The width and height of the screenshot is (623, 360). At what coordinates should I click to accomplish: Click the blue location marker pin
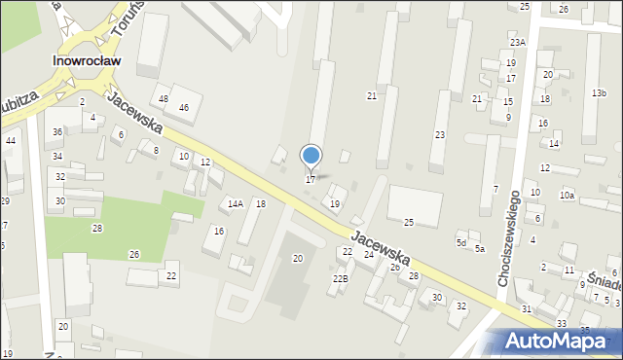pos(311,157)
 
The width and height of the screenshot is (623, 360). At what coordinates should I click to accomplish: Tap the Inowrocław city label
pos(86,59)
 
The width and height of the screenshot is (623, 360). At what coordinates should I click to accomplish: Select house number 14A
pos(235,203)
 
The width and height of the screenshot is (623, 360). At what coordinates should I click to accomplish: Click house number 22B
pos(340,278)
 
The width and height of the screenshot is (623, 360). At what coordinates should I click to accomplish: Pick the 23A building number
pos(518,42)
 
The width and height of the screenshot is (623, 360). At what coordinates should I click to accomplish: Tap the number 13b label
pos(599,92)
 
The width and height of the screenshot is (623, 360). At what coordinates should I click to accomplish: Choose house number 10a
pos(567,196)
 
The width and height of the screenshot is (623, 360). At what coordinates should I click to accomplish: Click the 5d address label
pos(461,242)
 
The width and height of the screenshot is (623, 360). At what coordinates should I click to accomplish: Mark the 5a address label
pos(480,249)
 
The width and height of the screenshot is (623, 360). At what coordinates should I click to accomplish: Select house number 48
pos(164,99)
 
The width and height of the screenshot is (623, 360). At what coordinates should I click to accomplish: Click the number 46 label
pos(183,107)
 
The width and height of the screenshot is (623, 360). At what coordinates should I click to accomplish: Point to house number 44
pos(10,141)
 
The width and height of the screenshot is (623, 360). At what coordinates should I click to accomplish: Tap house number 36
pos(58,131)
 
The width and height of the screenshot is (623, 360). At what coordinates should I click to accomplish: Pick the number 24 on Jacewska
pos(369,254)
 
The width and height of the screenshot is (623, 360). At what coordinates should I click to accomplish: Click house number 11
pos(568,270)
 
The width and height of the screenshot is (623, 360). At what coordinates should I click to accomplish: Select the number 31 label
pos(527,308)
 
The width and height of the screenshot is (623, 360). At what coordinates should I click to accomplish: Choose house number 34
pos(58,156)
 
